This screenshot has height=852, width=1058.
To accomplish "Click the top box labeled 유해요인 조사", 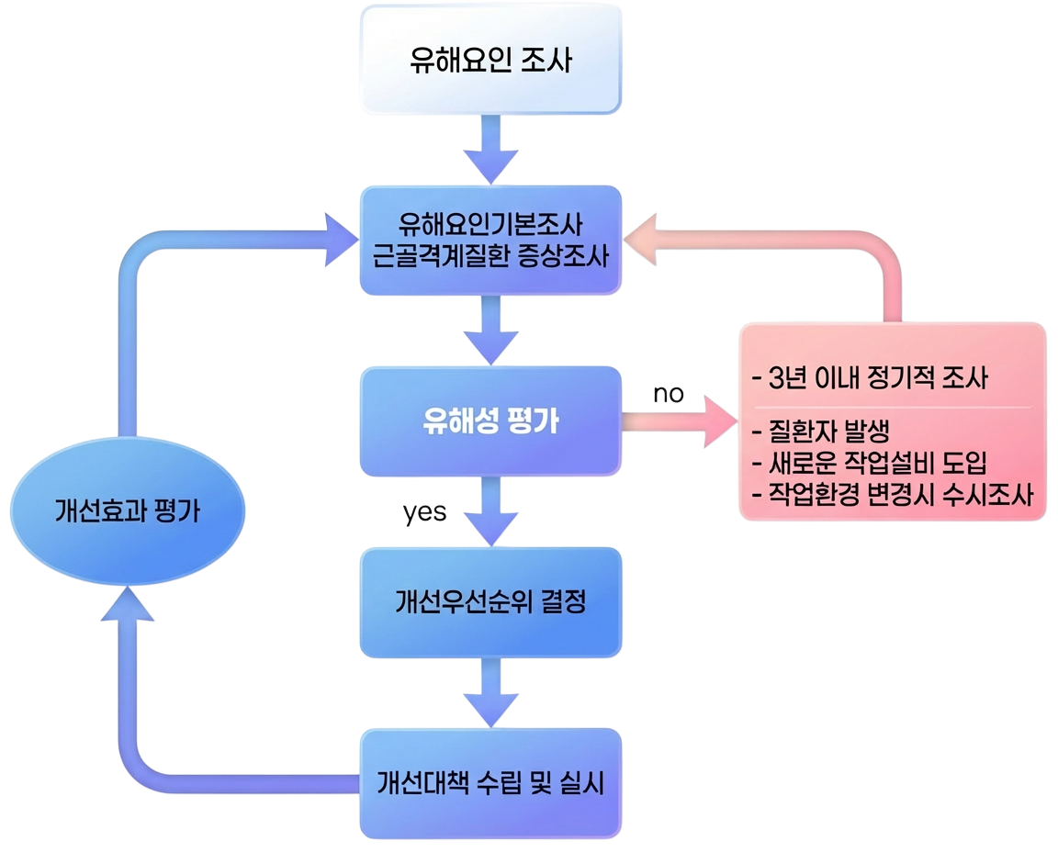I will [x=490, y=62].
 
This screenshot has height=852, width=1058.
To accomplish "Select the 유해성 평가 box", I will [x=490, y=421].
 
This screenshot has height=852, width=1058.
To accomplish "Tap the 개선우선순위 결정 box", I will [x=490, y=602].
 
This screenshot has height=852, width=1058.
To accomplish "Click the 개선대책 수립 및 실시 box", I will [x=490, y=783].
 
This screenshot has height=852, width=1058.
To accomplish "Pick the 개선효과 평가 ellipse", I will [x=127, y=512].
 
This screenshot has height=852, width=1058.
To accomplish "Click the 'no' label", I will [x=668, y=394].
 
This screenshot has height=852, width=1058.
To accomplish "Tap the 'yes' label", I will [x=425, y=513].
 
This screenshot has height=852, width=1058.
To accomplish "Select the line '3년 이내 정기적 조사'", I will [x=869, y=378].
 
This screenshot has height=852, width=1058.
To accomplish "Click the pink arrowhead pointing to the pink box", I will [x=719, y=421].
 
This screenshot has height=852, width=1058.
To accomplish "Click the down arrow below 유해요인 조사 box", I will [x=490, y=163].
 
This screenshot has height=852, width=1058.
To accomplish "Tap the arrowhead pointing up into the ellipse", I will [x=126, y=604].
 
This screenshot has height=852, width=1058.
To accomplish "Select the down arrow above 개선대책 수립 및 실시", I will [x=490, y=705].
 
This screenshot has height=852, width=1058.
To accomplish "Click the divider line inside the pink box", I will [x=892, y=406].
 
